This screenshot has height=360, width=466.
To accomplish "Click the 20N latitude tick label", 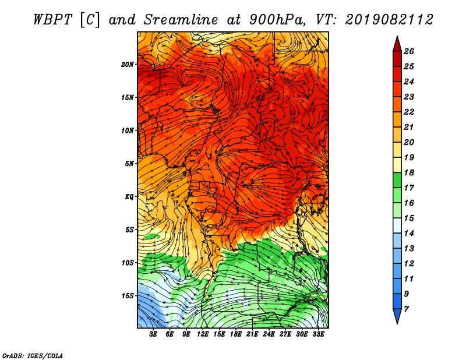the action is click(128, 65).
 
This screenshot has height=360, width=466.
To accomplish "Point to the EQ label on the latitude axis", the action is click(129, 197).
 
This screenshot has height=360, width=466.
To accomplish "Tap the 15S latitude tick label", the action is click(128, 296).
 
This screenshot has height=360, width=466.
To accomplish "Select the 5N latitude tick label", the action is click(129, 164).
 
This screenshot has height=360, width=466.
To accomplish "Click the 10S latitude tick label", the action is click(128, 263).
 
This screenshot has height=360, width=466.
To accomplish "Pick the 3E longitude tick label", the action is click(153, 334).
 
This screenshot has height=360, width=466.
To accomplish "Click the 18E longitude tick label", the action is click(236, 334).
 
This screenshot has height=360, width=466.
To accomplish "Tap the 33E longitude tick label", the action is click(318, 334).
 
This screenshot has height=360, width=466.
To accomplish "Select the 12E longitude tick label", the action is click(202, 334).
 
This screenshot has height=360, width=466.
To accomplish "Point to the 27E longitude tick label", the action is click(285, 334).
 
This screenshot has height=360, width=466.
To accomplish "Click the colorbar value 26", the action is click(409, 51).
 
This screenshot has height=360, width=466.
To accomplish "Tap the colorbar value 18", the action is click(409, 172).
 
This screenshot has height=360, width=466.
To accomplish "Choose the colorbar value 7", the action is click(406, 309).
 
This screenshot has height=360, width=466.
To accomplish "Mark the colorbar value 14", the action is click(409, 234).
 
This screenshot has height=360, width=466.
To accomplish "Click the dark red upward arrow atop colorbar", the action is click(397, 44).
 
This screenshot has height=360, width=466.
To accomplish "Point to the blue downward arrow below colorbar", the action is click(397, 316).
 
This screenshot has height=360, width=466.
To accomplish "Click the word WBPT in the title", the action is click(52, 20).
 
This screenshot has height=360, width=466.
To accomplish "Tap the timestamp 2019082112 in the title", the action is click(389, 20).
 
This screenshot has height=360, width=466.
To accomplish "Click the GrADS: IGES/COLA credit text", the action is click(33, 356).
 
